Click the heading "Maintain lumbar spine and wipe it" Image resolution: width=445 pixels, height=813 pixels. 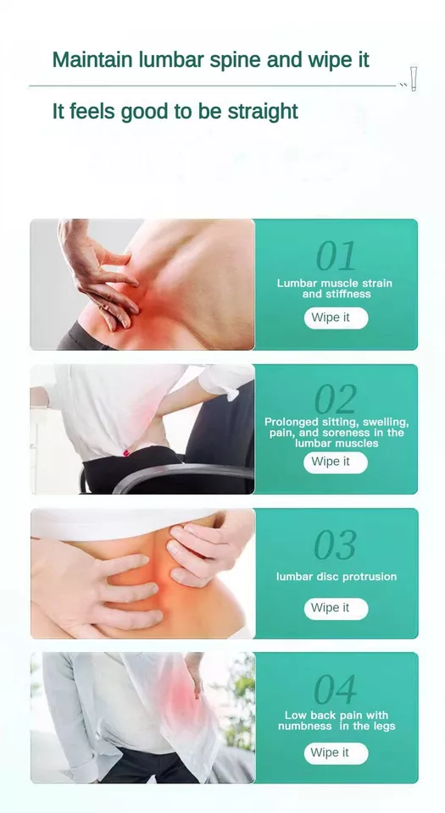[210, 60]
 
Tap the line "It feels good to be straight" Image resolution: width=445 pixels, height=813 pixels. [175, 112]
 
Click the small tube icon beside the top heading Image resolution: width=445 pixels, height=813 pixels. [414, 79]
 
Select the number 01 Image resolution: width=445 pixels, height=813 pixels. [337, 256]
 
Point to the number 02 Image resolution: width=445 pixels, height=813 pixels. [337, 400]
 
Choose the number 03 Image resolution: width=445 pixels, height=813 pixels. [337, 545]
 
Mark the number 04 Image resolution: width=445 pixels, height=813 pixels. [337, 689]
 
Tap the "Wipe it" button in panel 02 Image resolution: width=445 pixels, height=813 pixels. [336, 462]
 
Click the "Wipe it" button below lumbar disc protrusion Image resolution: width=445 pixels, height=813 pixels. [337, 608]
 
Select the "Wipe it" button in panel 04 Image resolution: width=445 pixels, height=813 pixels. [337, 753]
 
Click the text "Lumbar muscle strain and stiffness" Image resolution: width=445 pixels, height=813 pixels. [335, 288]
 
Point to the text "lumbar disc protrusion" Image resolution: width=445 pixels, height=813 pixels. [337, 577]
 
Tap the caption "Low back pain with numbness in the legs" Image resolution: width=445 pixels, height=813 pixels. [337, 721]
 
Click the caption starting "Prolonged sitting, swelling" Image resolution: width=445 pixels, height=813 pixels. [337, 433]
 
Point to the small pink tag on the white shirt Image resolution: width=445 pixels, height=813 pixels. [125, 453]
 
